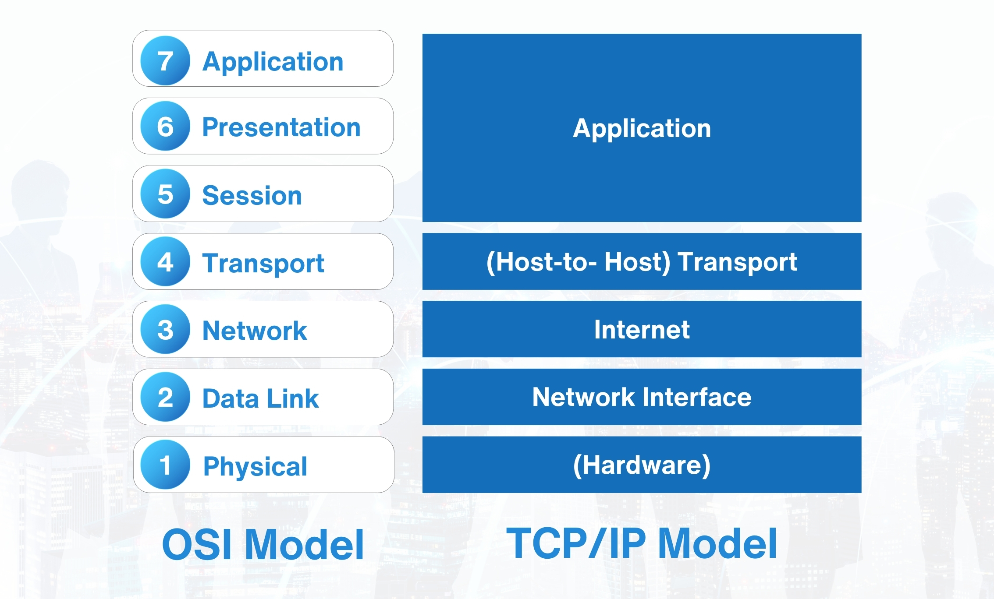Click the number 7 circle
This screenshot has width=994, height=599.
(165, 60)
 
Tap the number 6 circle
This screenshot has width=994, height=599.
(165, 126)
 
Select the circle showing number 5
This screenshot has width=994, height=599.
(165, 194)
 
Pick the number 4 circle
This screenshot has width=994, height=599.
(165, 262)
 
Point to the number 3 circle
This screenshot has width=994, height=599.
(165, 329)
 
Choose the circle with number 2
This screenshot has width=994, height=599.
(165, 397)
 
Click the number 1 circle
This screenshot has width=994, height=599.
(165, 465)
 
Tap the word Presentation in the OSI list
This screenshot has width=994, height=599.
(281, 127)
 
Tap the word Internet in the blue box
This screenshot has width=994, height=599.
(642, 329)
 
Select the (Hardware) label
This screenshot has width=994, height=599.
(642, 465)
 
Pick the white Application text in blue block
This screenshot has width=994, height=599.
(642, 128)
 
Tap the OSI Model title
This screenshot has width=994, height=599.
(263, 544)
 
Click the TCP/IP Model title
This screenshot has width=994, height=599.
(642, 543)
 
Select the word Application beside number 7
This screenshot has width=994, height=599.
(273, 61)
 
